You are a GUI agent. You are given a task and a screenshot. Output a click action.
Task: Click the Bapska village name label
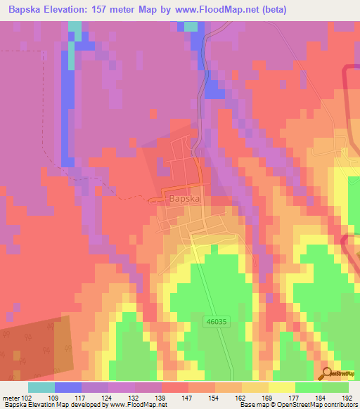pos(185,200)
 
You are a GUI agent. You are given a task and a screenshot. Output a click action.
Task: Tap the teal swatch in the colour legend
pos(41,387)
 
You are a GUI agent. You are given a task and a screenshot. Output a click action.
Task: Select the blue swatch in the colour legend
pos(68,387)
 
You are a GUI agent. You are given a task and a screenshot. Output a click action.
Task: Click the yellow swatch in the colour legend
pos(282,387)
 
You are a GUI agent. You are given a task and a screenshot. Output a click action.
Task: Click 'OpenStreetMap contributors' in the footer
pos(324,405)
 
